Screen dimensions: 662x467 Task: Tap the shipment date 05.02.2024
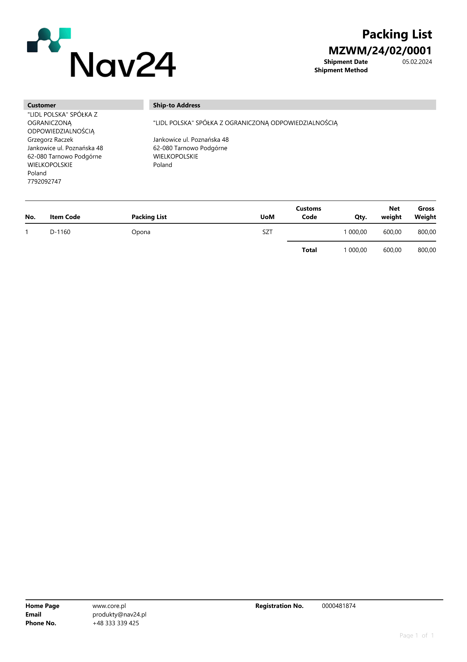pyautogui.click(x=417, y=62)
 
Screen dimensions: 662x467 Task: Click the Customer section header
pyautogui.click(x=42, y=105)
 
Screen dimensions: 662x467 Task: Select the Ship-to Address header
pyautogui.click(x=176, y=105)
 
